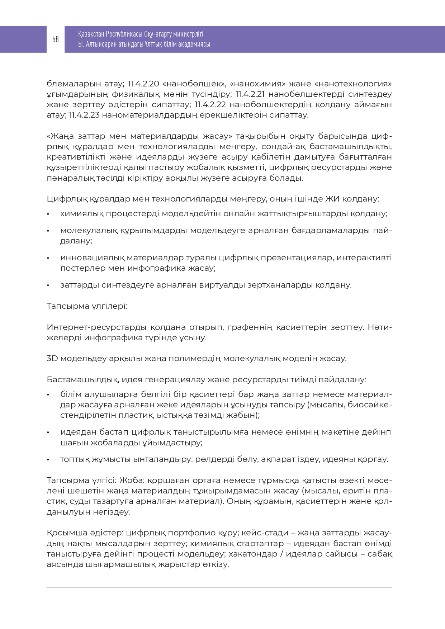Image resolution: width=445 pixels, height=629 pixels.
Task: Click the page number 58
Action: (55, 39)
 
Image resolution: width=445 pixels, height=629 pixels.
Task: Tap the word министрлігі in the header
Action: (188, 34)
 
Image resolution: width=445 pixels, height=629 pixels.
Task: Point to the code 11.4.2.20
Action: (143, 84)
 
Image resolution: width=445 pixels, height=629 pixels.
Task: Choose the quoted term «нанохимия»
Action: (258, 84)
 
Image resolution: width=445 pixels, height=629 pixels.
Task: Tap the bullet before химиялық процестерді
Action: (48, 214)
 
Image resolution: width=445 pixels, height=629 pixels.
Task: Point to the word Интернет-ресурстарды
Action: (96, 327)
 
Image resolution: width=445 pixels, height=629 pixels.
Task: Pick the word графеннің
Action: (250, 327)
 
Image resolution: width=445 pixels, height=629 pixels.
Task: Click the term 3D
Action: (52, 359)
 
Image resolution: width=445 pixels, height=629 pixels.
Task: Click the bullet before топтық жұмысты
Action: (48, 460)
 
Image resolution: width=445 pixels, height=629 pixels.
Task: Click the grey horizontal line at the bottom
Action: (219, 587)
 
